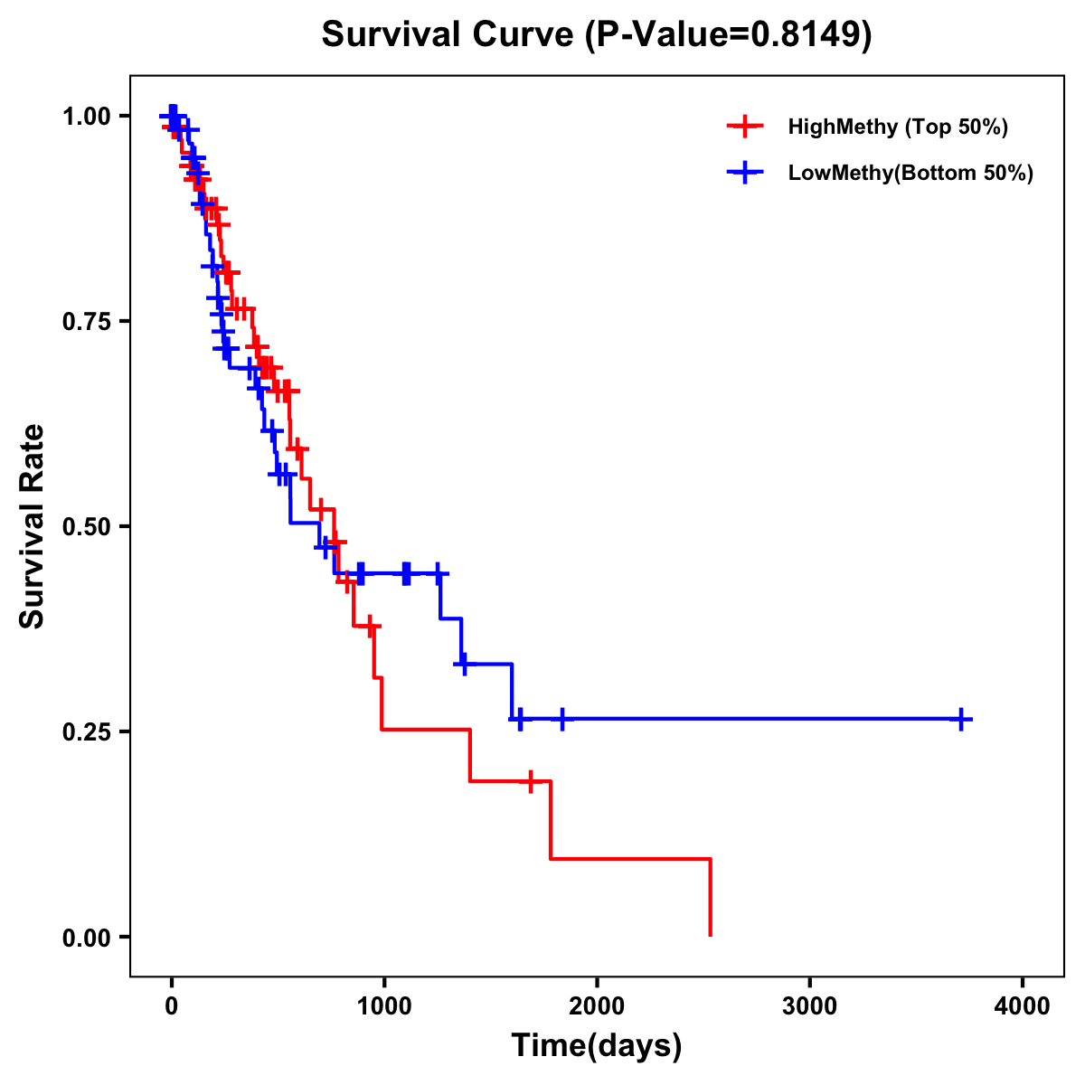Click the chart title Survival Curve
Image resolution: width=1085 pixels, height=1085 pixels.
448,35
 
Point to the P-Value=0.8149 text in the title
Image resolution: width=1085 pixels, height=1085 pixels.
729,35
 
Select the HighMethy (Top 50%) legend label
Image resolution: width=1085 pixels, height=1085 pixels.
897,127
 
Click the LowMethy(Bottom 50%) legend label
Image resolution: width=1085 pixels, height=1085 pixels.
910,174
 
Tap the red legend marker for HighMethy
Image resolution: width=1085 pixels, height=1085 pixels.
744,127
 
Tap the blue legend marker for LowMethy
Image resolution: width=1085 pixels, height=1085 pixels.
744,174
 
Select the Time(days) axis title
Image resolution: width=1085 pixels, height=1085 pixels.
597,1046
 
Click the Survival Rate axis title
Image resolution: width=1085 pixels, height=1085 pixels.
33,526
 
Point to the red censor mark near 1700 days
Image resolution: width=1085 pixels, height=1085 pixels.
531,781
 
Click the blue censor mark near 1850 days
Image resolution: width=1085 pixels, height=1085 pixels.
561,720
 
